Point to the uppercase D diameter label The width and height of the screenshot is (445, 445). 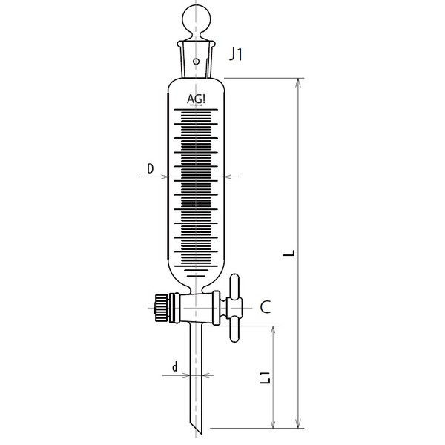click(151, 169)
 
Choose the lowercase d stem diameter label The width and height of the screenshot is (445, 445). click(174, 366)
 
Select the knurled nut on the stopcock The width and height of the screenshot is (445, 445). click(159, 305)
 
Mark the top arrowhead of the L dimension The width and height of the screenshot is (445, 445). click(299, 80)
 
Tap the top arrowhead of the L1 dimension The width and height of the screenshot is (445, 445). click(275, 329)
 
